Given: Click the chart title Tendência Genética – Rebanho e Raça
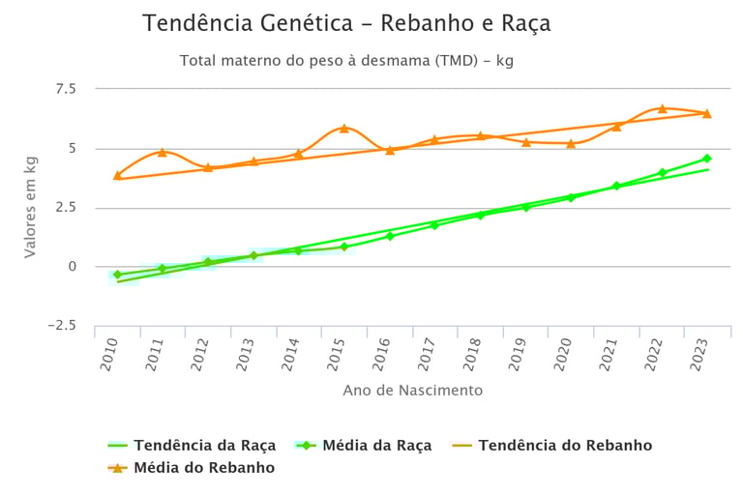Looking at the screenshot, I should [346, 24].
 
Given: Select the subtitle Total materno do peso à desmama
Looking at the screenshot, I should [345, 61].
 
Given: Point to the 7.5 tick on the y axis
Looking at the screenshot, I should [66, 89].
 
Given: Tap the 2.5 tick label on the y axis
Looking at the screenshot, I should [66, 208].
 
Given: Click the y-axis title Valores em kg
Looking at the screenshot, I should [30, 207].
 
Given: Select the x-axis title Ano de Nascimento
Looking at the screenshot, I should [412, 391].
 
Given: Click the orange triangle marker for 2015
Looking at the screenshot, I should [343, 128].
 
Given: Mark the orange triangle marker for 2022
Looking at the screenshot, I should [663, 108].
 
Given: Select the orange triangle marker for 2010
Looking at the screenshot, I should [117, 175].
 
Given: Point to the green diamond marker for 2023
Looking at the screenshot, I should [707, 159].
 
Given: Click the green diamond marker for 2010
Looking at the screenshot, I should [117, 275].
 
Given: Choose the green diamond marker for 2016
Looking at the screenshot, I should [390, 236].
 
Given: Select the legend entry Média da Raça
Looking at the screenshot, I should [366, 446].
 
